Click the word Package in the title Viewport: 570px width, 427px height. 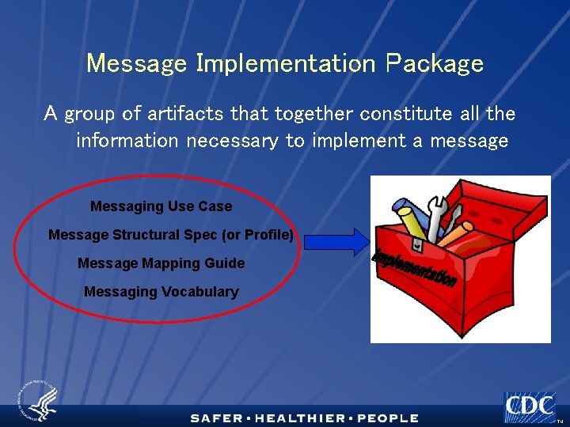click(x=435, y=63)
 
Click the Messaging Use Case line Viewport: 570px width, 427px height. click(x=161, y=206)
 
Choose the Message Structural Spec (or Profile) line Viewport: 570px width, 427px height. click(x=170, y=235)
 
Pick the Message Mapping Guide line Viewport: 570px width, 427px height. click(x=161, y=263)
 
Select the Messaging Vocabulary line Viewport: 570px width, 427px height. click(x=161, y=292)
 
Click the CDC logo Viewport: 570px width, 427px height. click(x=530, y=406)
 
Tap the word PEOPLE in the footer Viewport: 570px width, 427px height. click(x=388, y=418)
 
